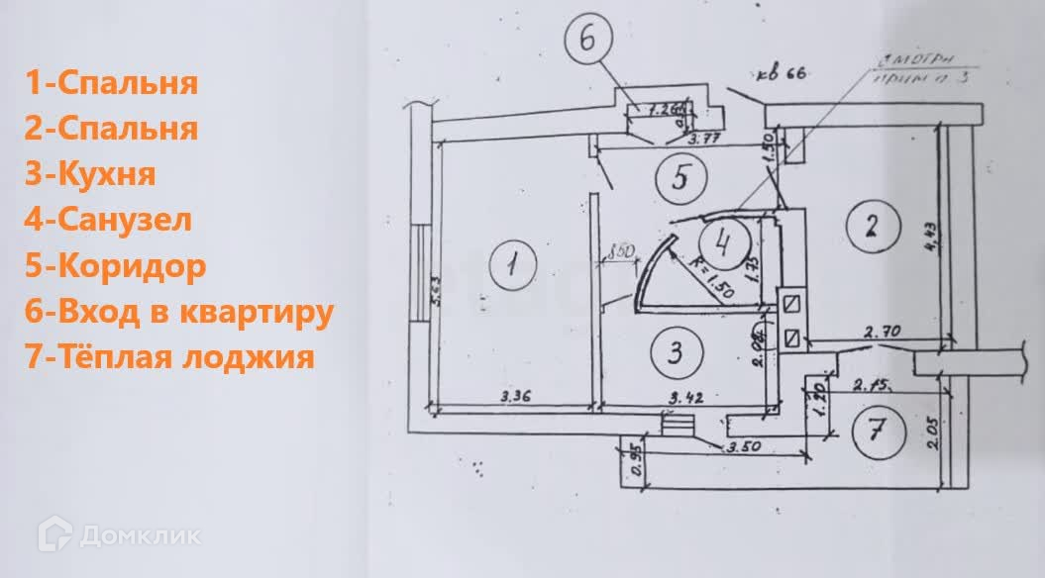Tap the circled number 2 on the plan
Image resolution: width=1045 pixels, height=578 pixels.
871,227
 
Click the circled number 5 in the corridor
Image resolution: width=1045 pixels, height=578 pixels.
679,178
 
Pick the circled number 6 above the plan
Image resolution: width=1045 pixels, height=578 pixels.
588,42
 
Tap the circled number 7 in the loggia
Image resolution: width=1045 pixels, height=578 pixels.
877,433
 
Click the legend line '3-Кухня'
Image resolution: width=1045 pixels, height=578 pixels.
90,174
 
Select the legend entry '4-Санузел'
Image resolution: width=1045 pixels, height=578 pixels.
109,220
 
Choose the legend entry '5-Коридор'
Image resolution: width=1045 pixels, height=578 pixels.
116,266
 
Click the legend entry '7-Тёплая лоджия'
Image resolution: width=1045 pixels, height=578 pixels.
169,357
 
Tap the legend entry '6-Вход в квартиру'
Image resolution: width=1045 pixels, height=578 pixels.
178,312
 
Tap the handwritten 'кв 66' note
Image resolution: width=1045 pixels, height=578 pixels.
781,73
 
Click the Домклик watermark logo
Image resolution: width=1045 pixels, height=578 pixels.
120,535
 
